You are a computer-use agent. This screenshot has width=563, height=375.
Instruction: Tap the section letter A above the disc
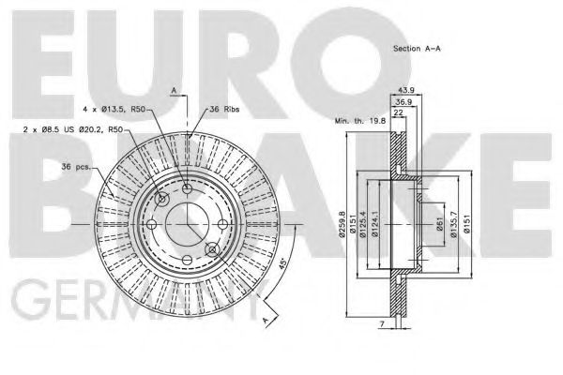(174, 89)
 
